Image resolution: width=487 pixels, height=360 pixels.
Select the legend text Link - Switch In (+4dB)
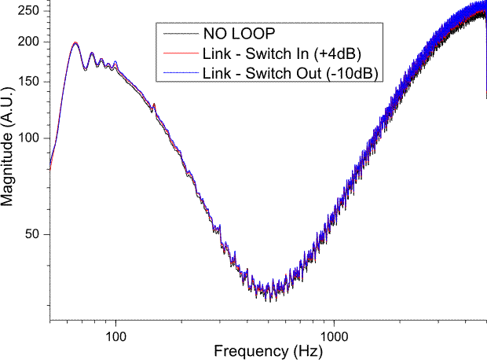pos(281,53)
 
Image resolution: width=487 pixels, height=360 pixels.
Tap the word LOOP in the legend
pos(253,34)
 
